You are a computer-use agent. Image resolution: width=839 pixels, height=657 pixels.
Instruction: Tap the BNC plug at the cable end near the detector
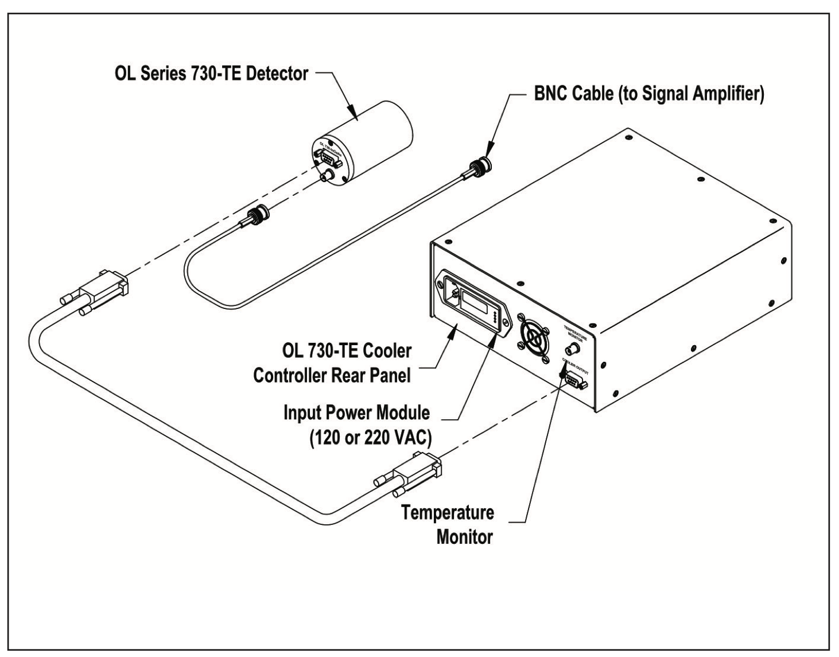tap(255, 218)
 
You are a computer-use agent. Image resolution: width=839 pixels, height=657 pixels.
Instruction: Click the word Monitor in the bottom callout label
tap(464, 537)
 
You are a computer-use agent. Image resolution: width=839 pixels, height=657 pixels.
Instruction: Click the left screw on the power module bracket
tap(441, 283)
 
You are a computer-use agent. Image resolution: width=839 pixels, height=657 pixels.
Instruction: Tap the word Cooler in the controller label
tap(387, 350)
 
